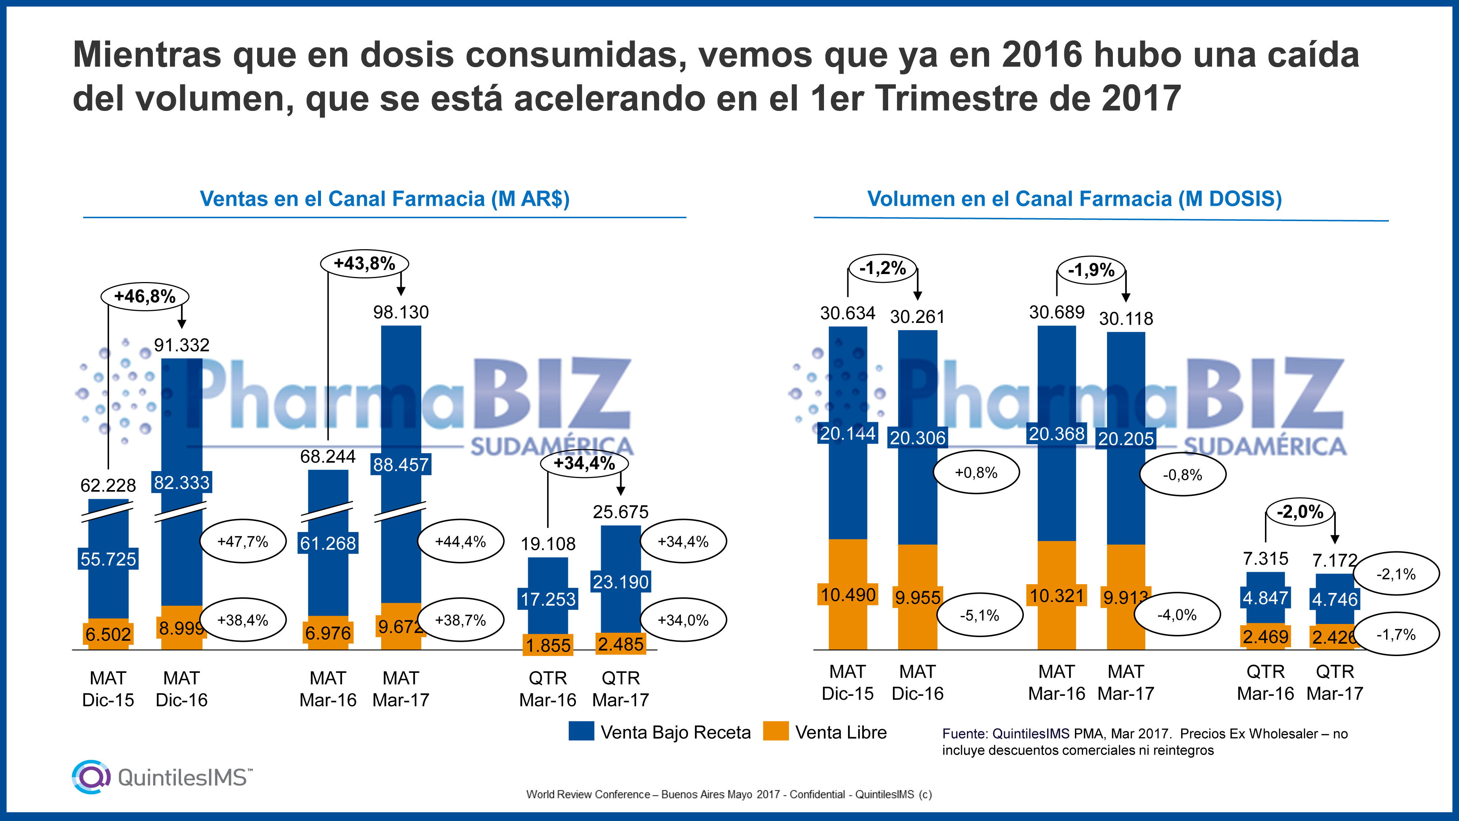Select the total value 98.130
(x=401, y=312)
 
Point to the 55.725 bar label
(x=108, y=559)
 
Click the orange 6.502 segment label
(x=108, y=634)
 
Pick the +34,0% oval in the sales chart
(x=683, y=620)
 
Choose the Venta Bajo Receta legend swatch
(x=581, y=732)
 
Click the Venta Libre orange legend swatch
(x=775, y=732)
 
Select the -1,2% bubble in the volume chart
(x=882, y=268)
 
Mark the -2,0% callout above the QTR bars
(x=1300, y=512)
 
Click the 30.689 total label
(x=1057, y=312)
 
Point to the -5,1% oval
(x=980, y=615)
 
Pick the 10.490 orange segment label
(x=848, y=595)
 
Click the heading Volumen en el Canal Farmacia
(x=1075, y=199)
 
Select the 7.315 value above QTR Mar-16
(x=1265, y=559)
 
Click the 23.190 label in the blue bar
(x=621, y=582)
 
